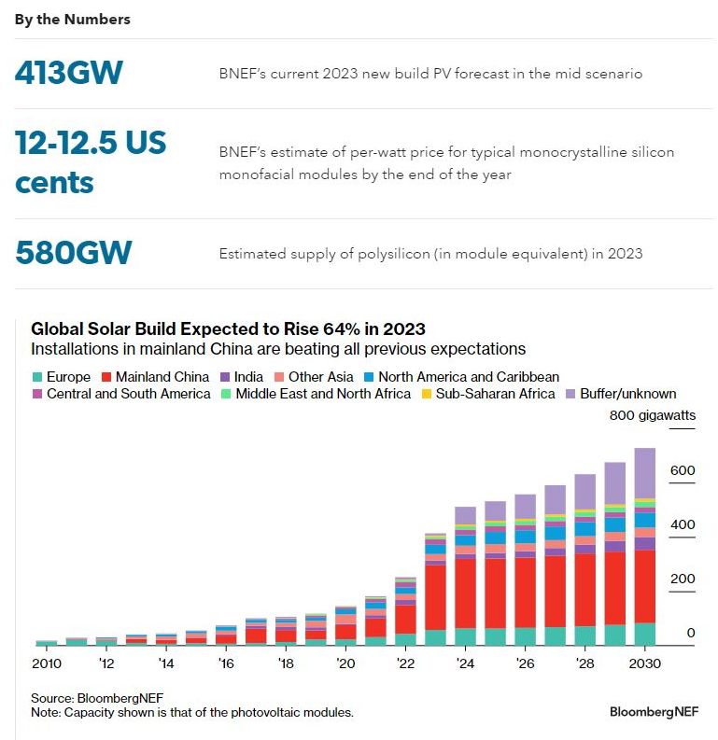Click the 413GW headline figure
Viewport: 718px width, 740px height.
[x=69, y=73]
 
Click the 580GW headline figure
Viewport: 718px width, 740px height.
[x=74, y=253]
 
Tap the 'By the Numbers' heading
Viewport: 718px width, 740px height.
[x=73, y=19]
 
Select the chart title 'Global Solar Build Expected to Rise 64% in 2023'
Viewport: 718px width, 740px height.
[x=228, y=329]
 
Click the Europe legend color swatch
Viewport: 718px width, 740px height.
[x=37, y=377]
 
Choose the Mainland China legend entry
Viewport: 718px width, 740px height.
[x=155, y=377]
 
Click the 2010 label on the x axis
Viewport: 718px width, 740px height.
[x=47, y=663]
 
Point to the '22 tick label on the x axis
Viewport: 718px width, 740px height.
[x=405, y=663]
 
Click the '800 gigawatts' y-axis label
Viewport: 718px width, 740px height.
[x=652, y=415]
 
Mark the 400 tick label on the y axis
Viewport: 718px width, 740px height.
[x=683, y=525]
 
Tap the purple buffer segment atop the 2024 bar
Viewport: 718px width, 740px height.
[x=465, y=516]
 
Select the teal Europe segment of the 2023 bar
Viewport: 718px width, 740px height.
[x=435, y=637]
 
